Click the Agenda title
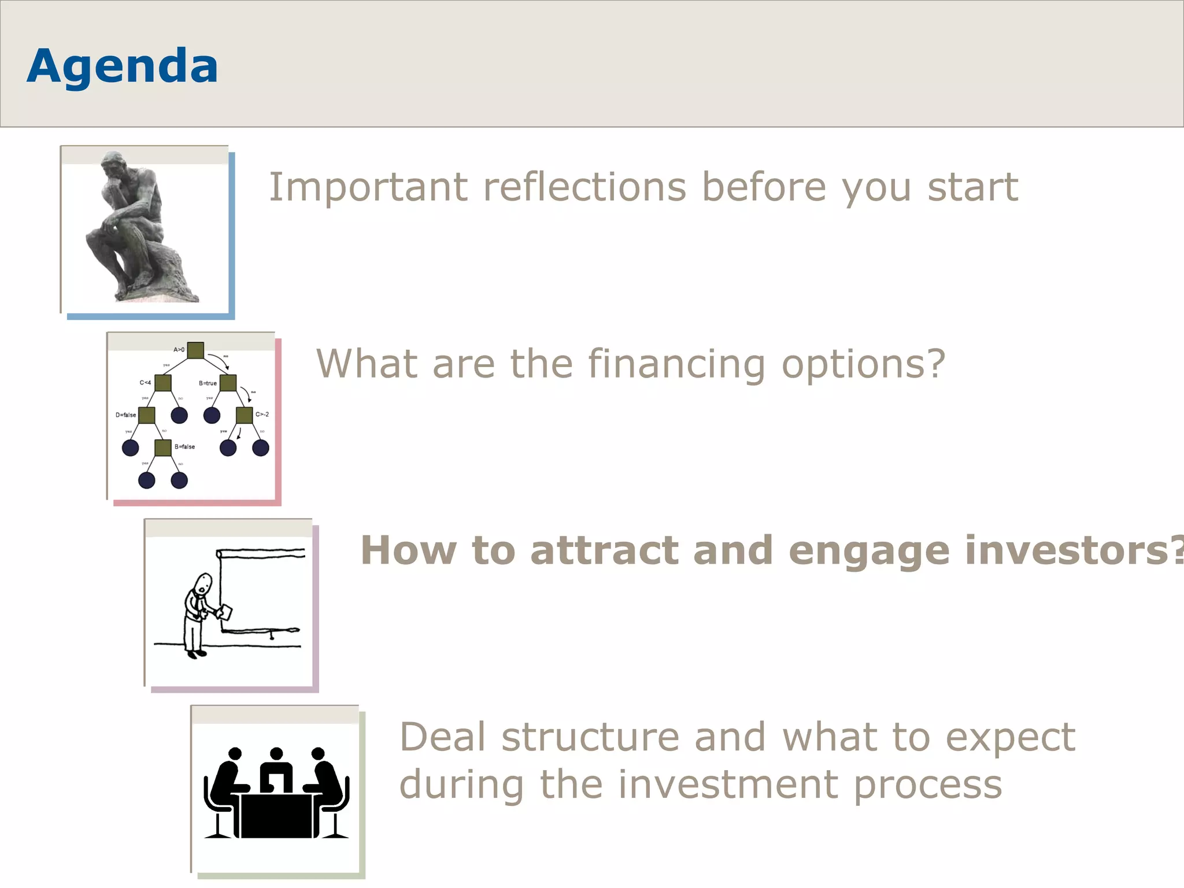(x=122, y=66)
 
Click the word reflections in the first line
(x=584, y=187)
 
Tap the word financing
(x=676, y=364)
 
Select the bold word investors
(x=1064, y=550)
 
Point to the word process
(x=927, y=785)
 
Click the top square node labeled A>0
(x=195, y=350)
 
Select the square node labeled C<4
(x=163, y=383)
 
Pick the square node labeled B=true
(x=228, y=383)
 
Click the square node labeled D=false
(x=147, y=415)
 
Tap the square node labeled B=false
(x=163, y=447)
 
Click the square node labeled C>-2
(x=245, y=415)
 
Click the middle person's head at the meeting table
(x=276, y=754)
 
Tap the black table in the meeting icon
(x=276, y=815)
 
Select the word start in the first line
(x=973, y=187)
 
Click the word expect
(x=1010, y=738)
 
